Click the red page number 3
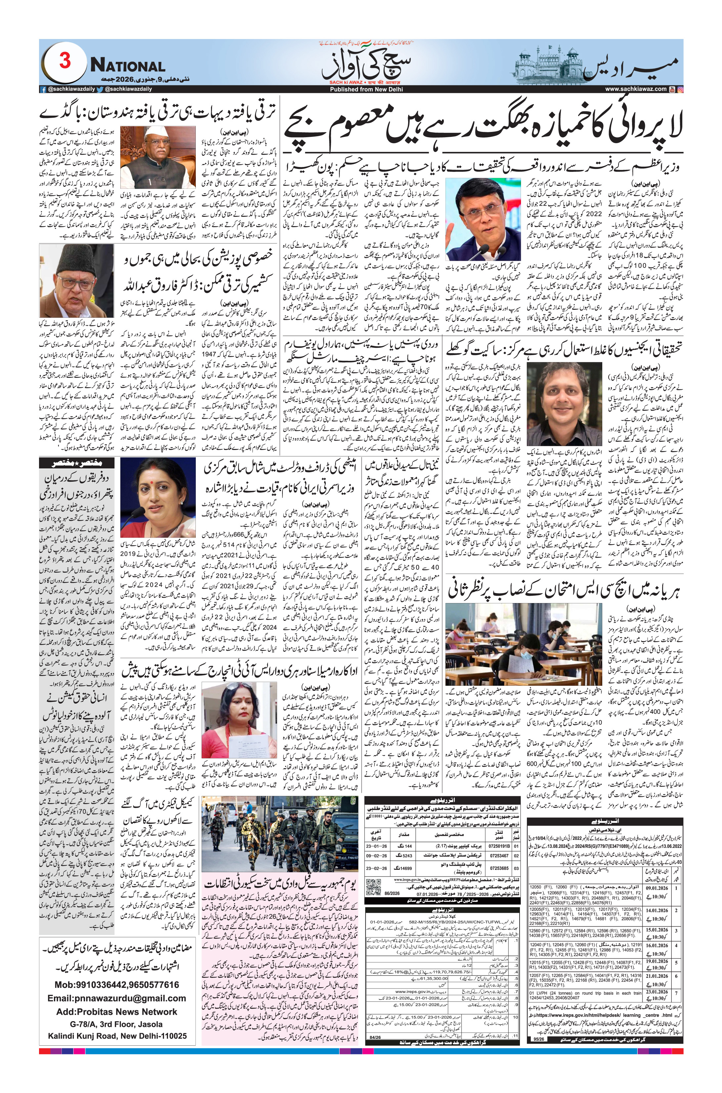click(65, 62)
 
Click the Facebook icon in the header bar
click(43, 89)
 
